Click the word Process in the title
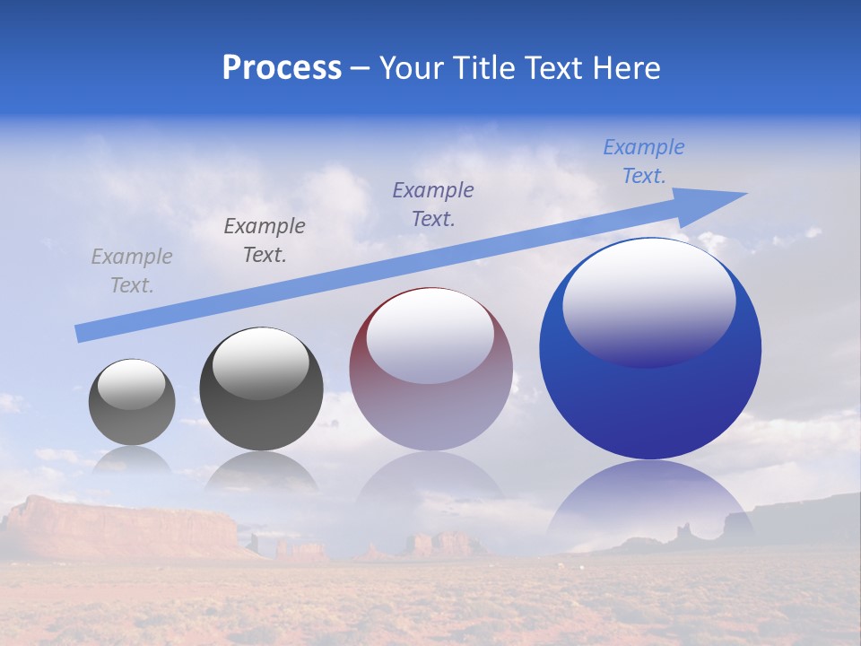click(282, 68)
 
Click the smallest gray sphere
click(132, 402)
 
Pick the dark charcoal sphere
click(261, 389)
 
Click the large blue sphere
click(650, 348)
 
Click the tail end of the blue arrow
click(81, 333)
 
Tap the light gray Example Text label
click(132, 271)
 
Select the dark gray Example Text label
click(265, 240)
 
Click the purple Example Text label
click(433, 204)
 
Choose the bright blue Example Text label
click(644, 161)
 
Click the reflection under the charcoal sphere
click(261, 473)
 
